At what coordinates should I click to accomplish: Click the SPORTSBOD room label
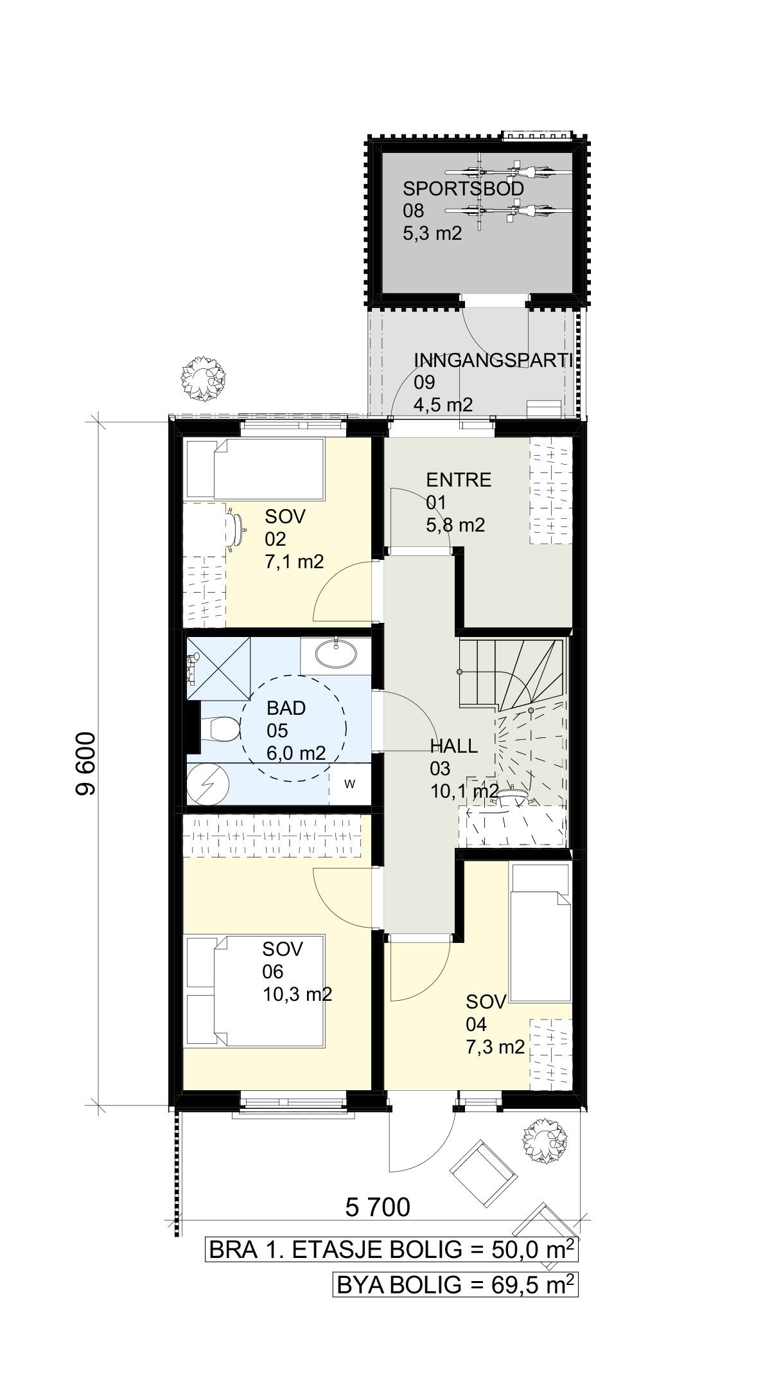[463, 189]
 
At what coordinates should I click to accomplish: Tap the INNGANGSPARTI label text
[493, 359]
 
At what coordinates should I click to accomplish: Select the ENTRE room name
[459, 480]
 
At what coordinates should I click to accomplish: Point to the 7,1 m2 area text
[294, 562]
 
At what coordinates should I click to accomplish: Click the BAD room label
[286, 708]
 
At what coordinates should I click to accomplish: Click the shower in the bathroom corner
[218, 668]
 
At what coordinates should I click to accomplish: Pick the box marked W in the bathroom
[350, 784]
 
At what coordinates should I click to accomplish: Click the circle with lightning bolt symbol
[207, 784]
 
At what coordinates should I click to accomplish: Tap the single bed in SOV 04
[539, 933]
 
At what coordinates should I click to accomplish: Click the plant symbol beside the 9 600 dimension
[204, 379]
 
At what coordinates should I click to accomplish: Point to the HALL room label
[454, 746]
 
